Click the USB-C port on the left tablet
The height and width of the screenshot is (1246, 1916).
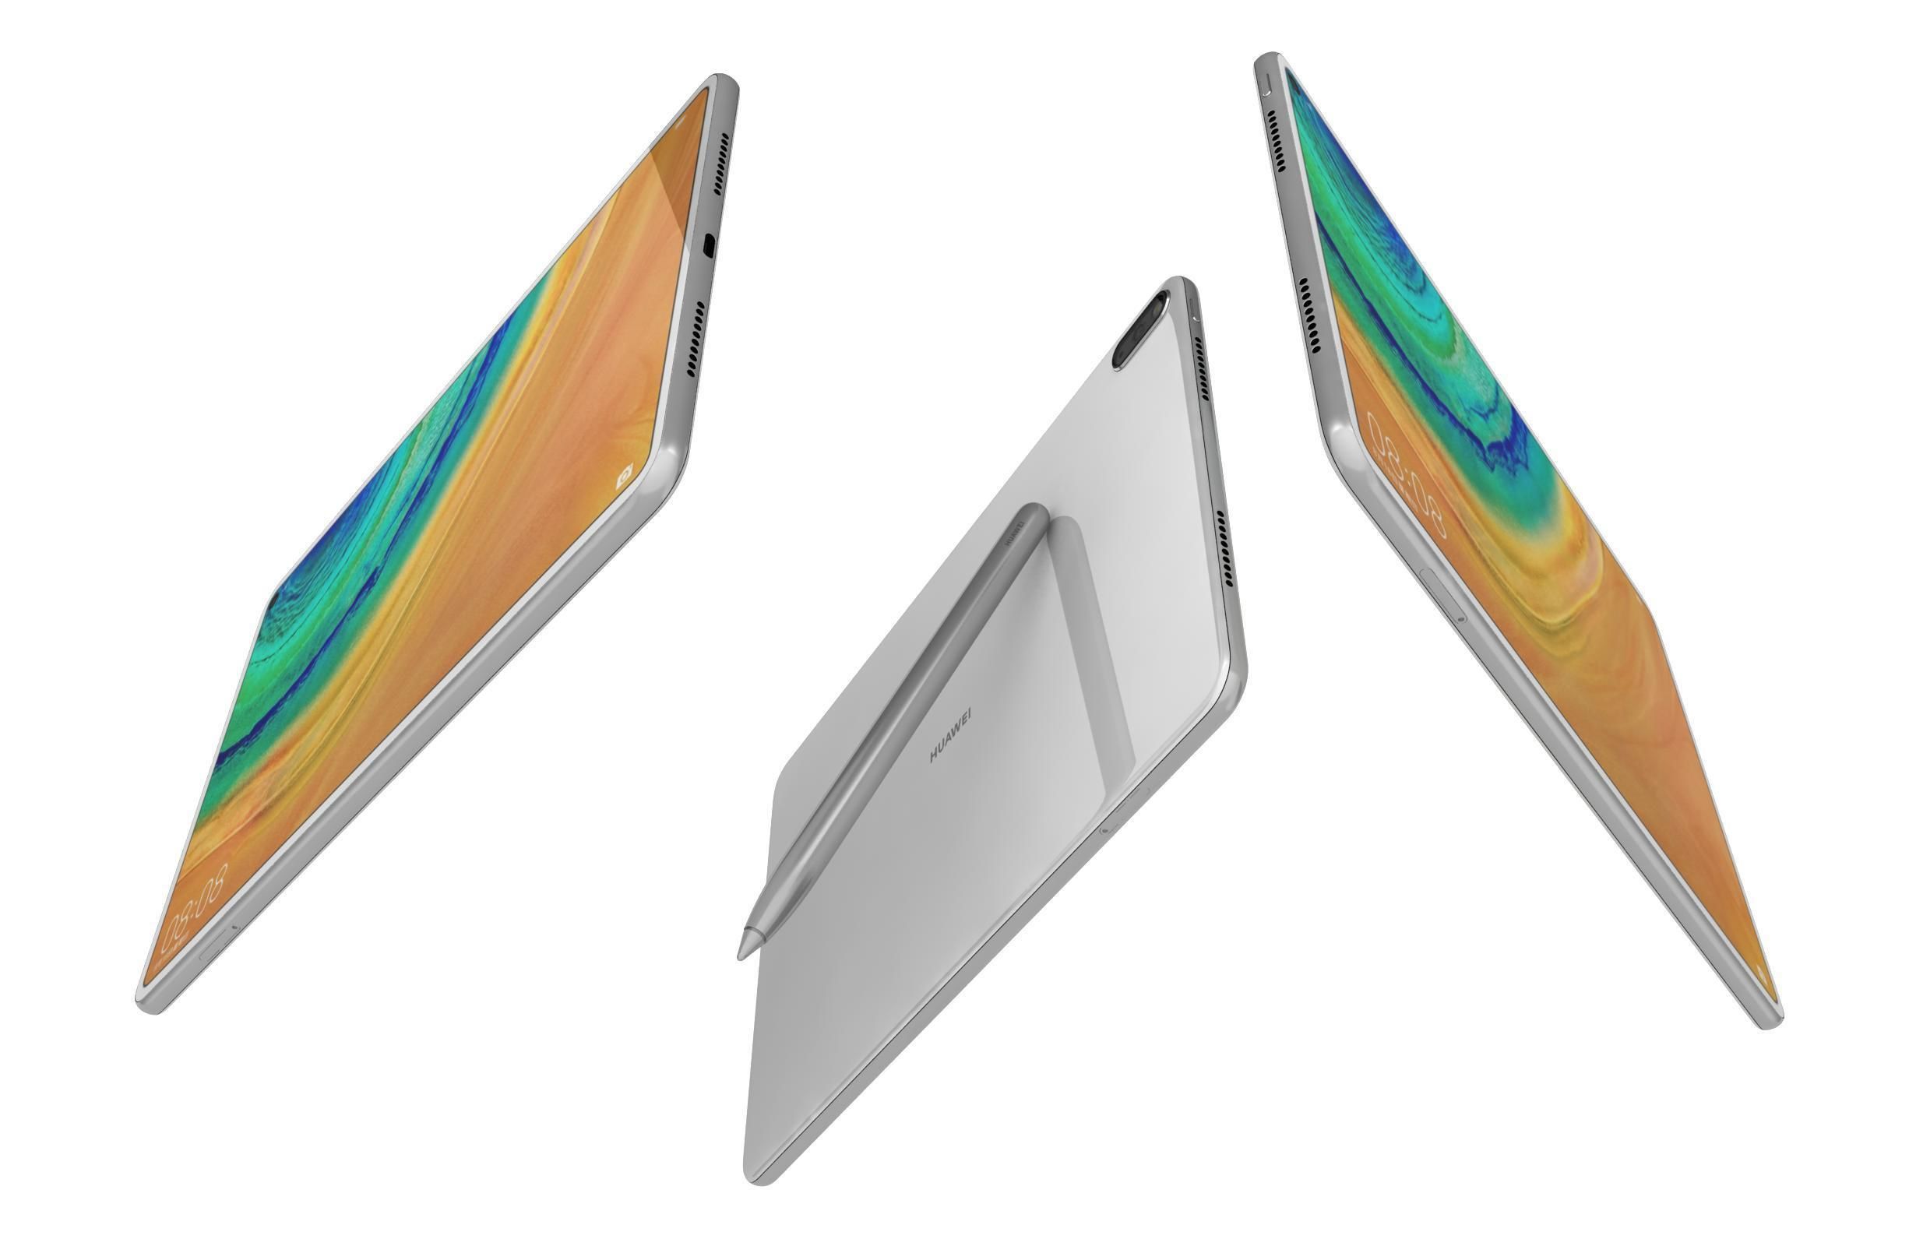[709, 245]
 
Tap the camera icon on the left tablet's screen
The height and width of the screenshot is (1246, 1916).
[624, 477]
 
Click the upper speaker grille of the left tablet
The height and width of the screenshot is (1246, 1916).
[721, 164]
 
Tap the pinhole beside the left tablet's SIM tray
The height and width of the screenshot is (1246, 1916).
[235, 927]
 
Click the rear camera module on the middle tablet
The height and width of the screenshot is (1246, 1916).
[1140, 331]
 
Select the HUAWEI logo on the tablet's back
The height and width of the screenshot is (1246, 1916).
[951, 734]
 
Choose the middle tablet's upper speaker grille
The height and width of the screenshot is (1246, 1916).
[1201, 368]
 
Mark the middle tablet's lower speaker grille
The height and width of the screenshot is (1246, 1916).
[1224, 548]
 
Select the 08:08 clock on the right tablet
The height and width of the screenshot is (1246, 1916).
[1404, 475]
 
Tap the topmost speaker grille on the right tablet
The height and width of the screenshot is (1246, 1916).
[1275, 141]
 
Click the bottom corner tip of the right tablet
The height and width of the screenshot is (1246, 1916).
[1770, 1025]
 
